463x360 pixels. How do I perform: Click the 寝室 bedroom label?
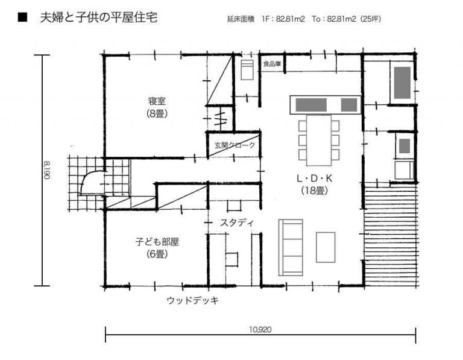(x=157, y=101)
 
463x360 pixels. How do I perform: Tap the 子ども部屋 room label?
(x=157, y=242)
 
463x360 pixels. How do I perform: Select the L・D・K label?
(x=315, y=178)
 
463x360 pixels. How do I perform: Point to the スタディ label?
(x=237, y=223)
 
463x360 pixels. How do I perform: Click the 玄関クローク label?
(x=235, y=145)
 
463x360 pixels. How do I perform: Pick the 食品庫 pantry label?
(x=272, y=63)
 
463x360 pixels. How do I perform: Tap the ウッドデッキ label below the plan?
(x=193, y=301)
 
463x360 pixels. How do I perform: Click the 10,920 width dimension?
(x=260, y=329)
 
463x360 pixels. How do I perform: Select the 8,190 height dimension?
(x=47, y=170)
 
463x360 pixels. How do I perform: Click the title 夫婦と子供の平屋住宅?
(x=99, y=17)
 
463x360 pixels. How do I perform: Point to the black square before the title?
(x=22, y=17)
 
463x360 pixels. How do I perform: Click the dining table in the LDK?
(x=319, y=141)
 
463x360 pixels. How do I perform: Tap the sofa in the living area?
(x=291, y=247)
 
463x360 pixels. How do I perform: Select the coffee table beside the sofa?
(x=326, y=247)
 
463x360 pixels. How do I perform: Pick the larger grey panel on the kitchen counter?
(x=311, y=105)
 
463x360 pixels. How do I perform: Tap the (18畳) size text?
(x=315, y=191)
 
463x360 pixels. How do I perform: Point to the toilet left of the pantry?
(x=247, y=70)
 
